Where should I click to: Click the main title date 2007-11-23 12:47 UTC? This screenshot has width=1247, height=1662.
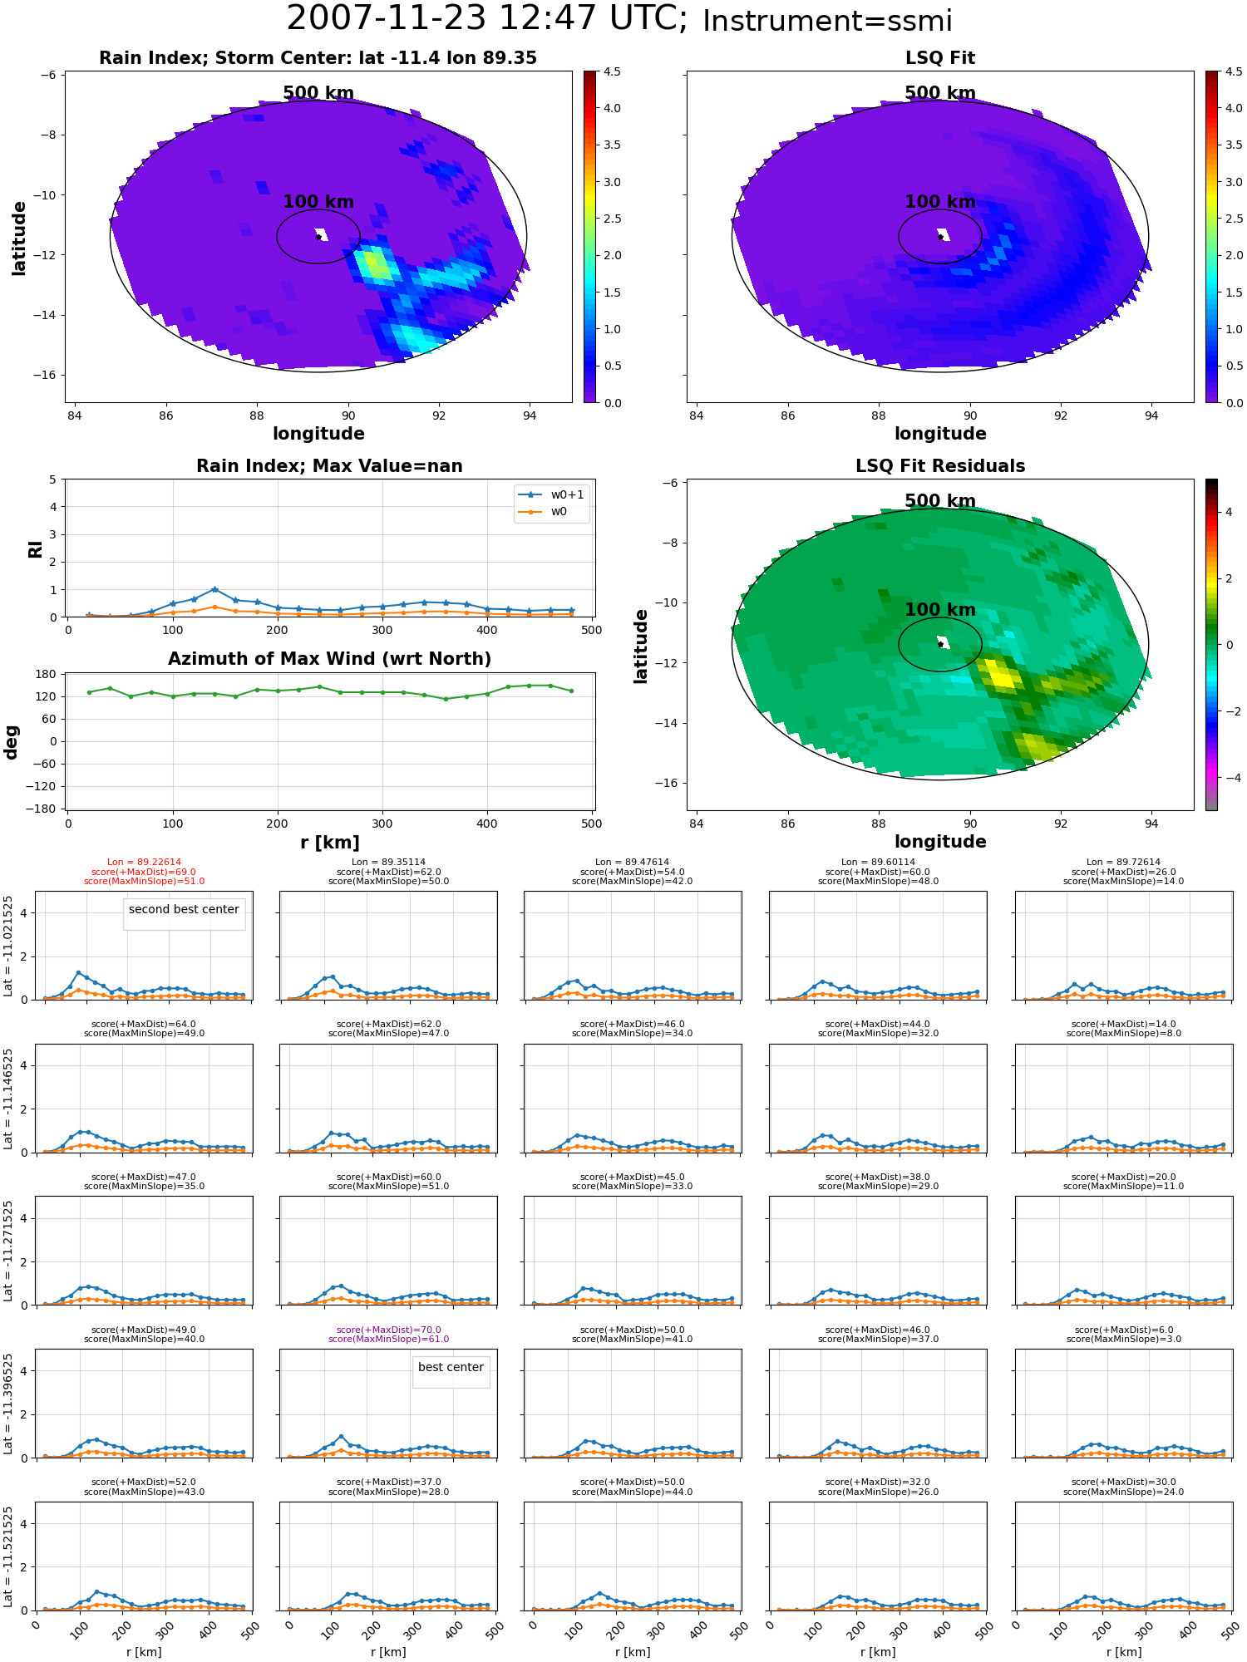(487, 19)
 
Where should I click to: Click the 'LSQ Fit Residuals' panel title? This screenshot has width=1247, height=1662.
(940, 466)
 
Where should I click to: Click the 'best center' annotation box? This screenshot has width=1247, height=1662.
(451, 1367)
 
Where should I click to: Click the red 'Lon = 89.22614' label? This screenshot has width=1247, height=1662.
(144, 863)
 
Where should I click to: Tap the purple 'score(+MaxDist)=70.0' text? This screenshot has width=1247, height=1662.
(388, 1330)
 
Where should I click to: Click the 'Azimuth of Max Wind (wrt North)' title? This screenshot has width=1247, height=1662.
(329, 659)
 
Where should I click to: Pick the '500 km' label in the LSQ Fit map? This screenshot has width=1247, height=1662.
(940, 93)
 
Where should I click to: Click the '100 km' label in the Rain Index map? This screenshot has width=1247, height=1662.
(318, 202)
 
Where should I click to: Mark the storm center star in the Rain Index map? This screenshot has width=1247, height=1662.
(318, 237)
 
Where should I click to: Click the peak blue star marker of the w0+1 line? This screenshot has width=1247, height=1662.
(214, 589)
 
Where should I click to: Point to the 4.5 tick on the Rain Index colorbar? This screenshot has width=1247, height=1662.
(612, 71)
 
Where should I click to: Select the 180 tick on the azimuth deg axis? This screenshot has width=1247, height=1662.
(47, 674)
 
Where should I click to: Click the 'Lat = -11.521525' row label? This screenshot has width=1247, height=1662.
(8, 1556)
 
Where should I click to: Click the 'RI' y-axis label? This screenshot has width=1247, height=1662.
(35, 549)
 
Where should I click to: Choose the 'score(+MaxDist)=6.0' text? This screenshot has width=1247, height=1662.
(1123, 1330)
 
